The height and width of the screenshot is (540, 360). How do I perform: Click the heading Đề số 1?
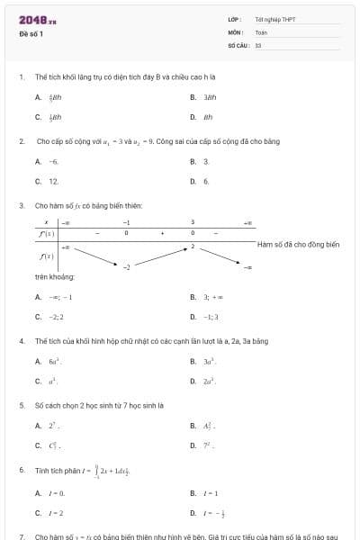coord(31,34)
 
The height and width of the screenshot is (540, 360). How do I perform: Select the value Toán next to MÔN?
coord(261,31)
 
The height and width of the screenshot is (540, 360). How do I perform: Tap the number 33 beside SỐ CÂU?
coord(258,44)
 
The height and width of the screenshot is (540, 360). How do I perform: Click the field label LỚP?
coord(233,19)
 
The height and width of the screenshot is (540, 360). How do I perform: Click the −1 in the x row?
coord(127,221)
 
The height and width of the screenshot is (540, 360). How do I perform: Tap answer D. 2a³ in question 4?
coord(203,382)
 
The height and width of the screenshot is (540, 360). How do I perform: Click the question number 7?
coord(21,535)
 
